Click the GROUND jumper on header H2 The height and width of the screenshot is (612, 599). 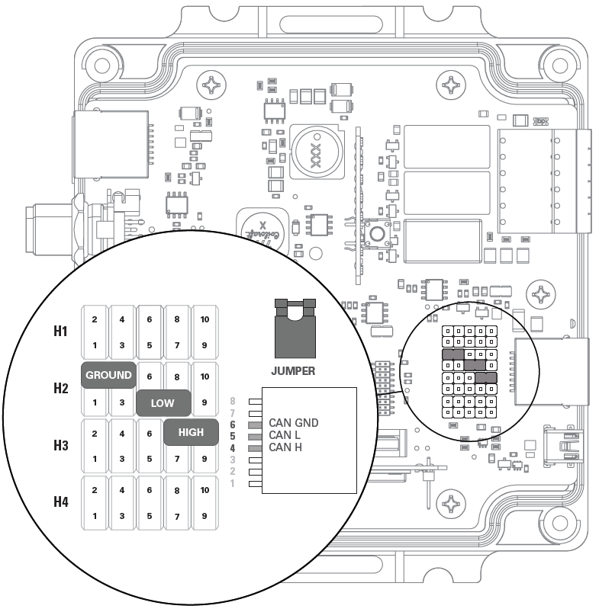pyautogui.click(x=108, y=375)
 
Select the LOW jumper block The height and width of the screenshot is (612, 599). pyautogui.click(x=163, y=403)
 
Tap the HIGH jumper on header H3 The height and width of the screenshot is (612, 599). pyautogui.click(x=191, y=432)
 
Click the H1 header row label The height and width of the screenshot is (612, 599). pyautogui.click(x=60, y=332)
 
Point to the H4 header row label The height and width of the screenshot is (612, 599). pyautogui.click(x=60, y=502)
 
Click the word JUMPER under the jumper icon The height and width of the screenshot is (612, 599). pyautogui.click(x=294, y=373)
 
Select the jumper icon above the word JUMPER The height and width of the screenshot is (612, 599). pyautogui.click(x=294, y=329)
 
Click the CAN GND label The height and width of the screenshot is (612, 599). pyautogui.click(x=294, y=423)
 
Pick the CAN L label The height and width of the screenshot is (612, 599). pyautogui.click(x=286, y=435)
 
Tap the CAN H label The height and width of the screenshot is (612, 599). pyautogui.click(x=286, y=447)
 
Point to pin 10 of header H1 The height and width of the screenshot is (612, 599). pyautogui.click(x=204, y=319)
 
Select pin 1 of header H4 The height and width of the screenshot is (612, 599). pyautogui.click(x=95, y=516)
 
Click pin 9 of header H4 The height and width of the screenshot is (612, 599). pyautogui.click(x=204, y=516)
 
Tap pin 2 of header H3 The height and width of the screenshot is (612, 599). pyautogui.click(x=95, y=433)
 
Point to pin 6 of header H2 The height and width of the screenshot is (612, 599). pyautogui.click(x=150, y=376)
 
